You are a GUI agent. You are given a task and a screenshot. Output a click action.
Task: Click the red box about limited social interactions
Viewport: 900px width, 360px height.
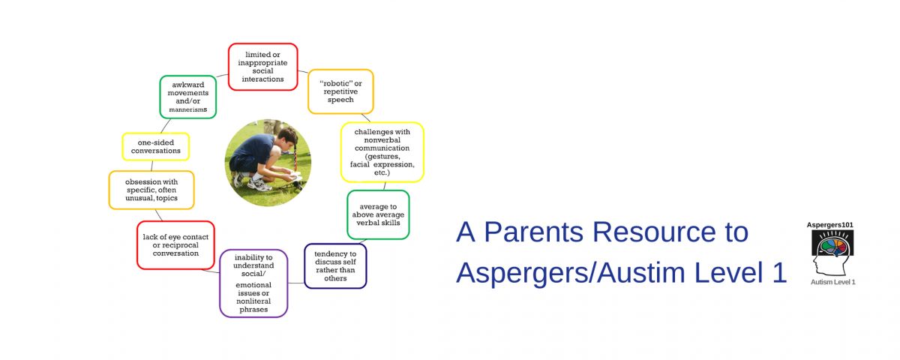(x=262, y=67)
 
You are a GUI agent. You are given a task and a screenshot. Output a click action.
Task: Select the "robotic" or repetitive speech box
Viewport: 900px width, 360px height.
(x=340, y=91)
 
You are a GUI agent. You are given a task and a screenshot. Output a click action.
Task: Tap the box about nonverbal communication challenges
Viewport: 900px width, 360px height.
(x=382, y=152)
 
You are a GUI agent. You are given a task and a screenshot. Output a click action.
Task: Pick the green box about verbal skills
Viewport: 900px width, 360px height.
(x=378, y=214)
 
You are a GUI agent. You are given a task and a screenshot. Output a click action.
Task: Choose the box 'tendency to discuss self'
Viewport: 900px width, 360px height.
(x=335, y=266)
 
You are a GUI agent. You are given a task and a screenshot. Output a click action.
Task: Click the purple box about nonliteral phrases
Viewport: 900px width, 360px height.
(x=253, y=283)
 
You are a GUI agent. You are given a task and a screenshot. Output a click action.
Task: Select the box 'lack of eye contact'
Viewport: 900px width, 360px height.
(x=175, y=245)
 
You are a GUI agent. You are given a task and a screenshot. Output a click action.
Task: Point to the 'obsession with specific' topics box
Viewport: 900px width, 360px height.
(x=151, y=190)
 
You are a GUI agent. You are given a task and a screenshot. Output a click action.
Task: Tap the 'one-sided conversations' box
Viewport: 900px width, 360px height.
(x=155, y=147)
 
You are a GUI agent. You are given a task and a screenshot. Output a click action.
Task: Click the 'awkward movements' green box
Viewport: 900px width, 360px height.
(x=188, y=97)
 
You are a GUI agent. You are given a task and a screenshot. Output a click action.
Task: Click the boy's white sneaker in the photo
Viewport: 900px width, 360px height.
(x=260, y=184)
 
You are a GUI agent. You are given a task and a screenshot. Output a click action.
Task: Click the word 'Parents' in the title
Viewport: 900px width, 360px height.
(x=533, y=232)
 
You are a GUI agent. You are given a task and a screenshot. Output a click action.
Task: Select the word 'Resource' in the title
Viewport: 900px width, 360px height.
(x=655, y=232)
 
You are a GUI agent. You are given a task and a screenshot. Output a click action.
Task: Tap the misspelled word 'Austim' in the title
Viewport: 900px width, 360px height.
(x=640, y=272)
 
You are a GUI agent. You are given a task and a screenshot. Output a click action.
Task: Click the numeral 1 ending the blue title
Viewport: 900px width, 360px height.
(x=779, y=272)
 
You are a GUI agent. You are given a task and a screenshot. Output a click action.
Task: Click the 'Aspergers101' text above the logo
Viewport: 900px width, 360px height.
(x=829, y=225)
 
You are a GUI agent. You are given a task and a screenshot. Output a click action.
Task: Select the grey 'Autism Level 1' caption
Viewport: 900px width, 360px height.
(x=833, y=282)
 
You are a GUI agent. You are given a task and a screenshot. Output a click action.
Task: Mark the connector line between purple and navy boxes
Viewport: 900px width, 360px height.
(x=296, y=283)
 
